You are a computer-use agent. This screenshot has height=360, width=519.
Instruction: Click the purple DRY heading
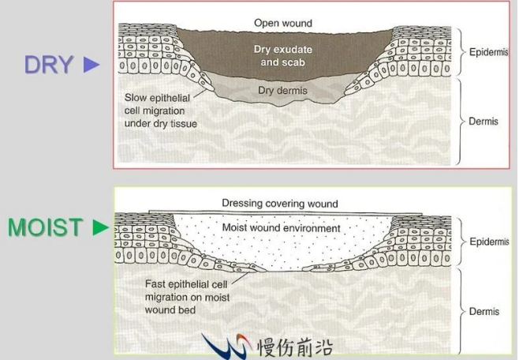pos(49,64)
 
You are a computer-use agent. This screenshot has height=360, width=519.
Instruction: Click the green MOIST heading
pos(45,227)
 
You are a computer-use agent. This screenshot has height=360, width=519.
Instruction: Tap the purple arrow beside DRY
pos(91,65)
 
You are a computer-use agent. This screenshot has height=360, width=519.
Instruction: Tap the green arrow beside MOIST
pos(101,227)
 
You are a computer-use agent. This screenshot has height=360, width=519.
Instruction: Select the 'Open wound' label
pos(283,23)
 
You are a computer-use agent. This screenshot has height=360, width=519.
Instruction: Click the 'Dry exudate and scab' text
pos(283,56)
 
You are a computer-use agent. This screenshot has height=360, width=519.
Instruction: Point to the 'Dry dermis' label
pos(282,91)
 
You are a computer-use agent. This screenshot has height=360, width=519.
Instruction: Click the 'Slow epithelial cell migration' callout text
pos(161,111)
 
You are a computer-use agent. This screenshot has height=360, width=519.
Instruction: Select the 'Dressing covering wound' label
pos(280,204)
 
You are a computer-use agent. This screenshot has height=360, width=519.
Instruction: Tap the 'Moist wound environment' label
pos(281,228)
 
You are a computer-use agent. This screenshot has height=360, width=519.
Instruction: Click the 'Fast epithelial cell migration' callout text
pos(187,297)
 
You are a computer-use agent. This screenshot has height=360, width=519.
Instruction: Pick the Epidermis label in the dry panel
pos(488,52)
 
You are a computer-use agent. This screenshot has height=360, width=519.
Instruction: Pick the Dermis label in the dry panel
pos(484,122)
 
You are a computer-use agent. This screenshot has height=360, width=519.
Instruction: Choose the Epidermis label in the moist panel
pos(489,242)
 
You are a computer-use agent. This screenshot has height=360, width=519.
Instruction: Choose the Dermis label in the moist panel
pos(484,312)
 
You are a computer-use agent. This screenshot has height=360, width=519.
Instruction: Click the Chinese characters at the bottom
pos(295,347)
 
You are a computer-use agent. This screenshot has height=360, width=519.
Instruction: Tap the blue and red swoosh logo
pos(226,346)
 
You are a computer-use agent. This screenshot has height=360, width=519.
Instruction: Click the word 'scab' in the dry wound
pos(292,62)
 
